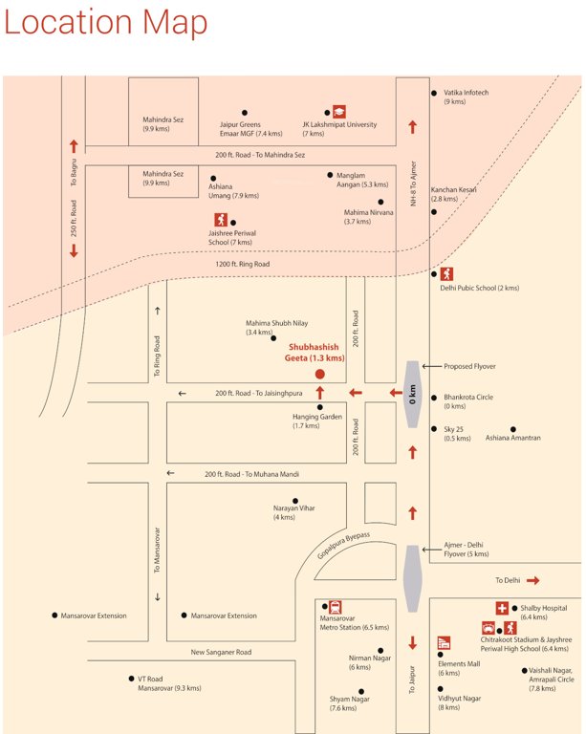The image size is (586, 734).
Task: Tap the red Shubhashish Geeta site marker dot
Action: pyautogui.click(x=320, y=374)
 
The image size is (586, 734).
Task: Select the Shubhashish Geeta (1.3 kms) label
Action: pyautogui.click(x=315, y=353)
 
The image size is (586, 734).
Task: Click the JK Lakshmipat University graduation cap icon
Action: pyautogui.click(x=338, y=111)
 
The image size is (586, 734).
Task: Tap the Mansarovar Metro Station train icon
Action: pyautogui.click(x=336, y=607)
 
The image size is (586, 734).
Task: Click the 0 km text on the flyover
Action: pyautogui.click(x=412, y=393)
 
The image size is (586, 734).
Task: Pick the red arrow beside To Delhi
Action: pyautogui.click(x=532, y=580)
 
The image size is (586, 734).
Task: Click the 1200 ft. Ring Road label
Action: pyautogui.click(x=243, y=264)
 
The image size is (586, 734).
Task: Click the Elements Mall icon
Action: pyautogui.click(x=444, y=642)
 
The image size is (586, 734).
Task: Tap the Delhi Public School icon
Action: pyautogui.click(x=447, y=274)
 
